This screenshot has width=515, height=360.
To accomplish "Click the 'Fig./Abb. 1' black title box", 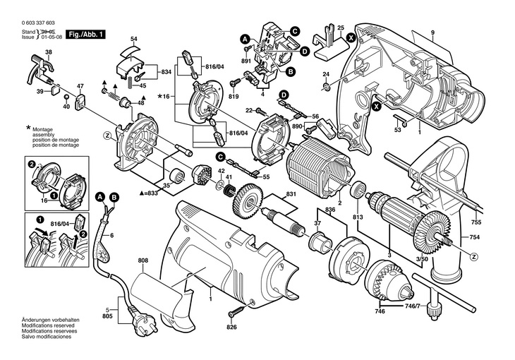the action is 86,34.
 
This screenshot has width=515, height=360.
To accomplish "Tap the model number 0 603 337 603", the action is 38,23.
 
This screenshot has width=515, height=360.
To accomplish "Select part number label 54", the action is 133,39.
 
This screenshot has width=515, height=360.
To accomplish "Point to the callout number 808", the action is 143,260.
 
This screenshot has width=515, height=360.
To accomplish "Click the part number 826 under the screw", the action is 231,327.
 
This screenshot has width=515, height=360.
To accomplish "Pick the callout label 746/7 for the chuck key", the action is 412,305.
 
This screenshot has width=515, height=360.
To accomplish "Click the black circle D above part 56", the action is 284,95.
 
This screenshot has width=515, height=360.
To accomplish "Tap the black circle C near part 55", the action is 220,157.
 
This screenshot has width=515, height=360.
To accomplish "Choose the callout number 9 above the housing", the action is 432,32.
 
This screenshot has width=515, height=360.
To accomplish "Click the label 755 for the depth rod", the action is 475,222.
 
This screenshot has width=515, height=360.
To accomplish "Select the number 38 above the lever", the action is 49,52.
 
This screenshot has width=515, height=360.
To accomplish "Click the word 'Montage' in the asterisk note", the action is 42,130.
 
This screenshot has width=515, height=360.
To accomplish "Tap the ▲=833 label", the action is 148,193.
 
